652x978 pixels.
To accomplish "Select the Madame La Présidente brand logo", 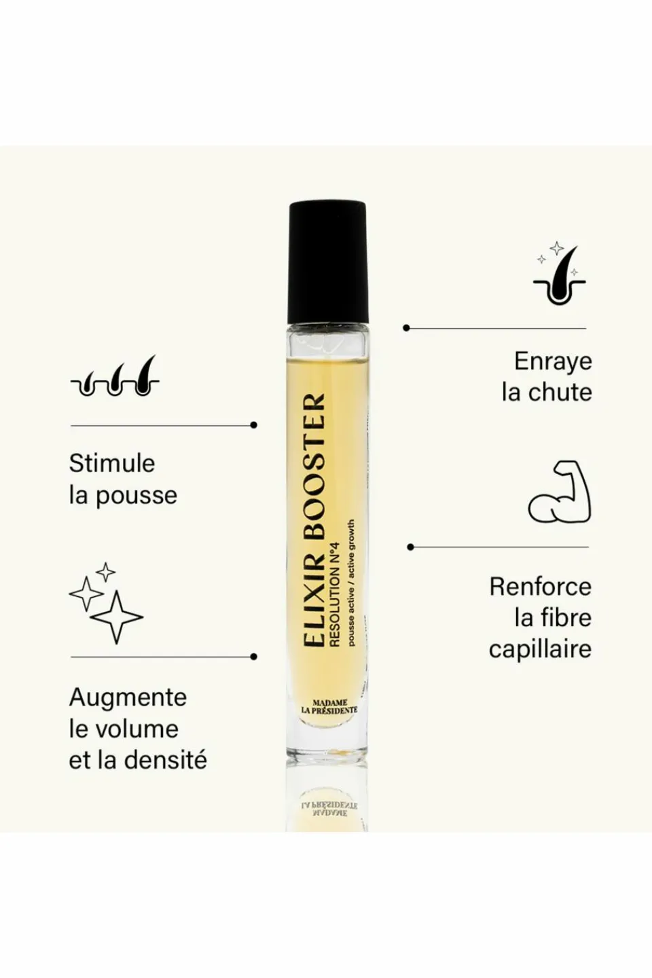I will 329,706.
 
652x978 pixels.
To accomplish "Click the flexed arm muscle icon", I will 560,492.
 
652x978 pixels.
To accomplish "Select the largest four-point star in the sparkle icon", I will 116,617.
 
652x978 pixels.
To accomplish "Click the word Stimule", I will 112,463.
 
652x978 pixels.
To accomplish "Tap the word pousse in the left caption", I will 136,495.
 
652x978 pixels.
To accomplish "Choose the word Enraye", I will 553,361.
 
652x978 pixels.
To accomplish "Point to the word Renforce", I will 540,587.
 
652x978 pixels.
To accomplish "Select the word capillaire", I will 540,649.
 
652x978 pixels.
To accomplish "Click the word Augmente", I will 128,698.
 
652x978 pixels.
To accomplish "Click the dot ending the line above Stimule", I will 253,425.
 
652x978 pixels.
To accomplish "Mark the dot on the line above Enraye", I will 406,328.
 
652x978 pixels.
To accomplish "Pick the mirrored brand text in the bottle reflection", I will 329,808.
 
